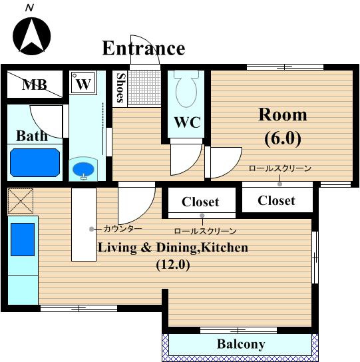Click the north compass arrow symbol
click(x=31, y=36)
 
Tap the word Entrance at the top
click(x=143, y=49)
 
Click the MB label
click(x=35, y=85)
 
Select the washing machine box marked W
click(x=83, y=83)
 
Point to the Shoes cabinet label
click(x=120, y=88)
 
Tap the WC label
click(x=187, y=122)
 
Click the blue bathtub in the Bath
click(x=35, y=162)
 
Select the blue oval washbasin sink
click(x=83, y=169)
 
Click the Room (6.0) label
click(x=283, y=126)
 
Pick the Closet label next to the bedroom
click(x=276, y=200)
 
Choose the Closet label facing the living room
click(x=200, y=202)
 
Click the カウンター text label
click(x=122, y=229)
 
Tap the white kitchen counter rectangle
click(x=84, y=225)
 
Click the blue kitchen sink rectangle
click(x=23, y=240)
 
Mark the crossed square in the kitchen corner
click(x=21, y=201)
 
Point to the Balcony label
click(x=241, y=345)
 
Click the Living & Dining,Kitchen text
click(x=173, y=248)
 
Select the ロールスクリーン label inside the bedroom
click(x=280, y=168)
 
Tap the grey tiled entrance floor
click(x=144, y=87)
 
